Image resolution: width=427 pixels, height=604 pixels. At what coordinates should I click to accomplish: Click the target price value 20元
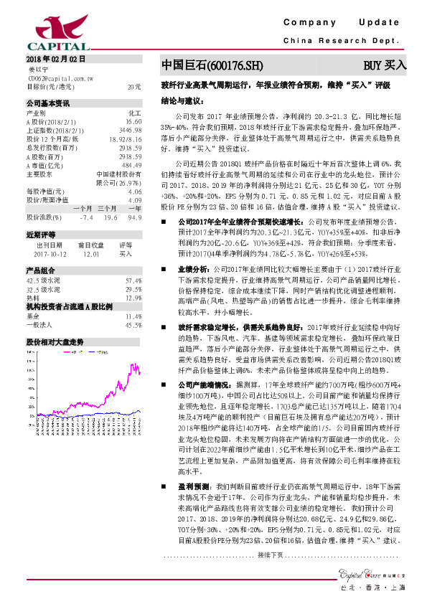pos(133,86)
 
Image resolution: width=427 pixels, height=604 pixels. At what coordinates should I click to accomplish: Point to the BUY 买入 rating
pos(385,65)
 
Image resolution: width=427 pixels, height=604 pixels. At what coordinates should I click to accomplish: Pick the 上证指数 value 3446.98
pos(130,131)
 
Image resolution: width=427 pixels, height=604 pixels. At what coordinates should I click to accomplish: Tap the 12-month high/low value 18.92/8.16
pos(125,139)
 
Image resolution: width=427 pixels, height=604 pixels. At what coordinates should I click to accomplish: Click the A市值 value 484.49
pos(131,165)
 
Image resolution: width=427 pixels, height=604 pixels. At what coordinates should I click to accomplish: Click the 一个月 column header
pos(83,207)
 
